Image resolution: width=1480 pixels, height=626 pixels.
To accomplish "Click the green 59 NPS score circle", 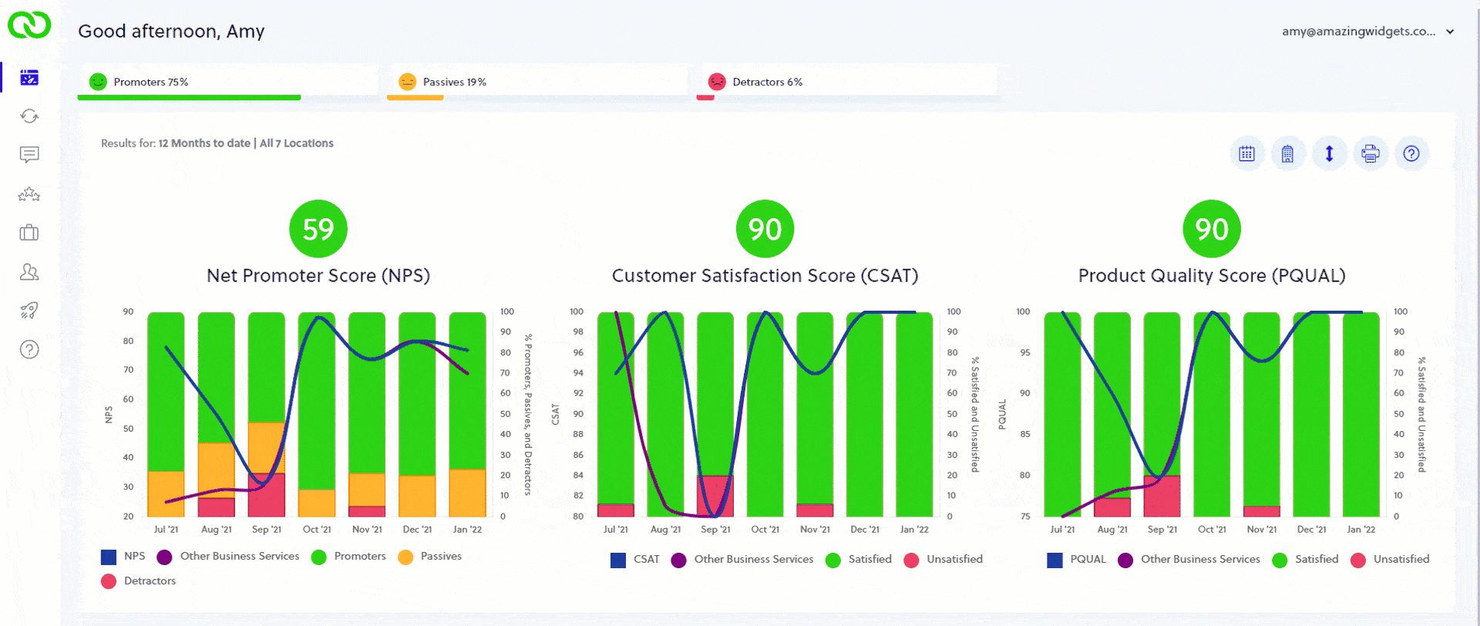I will (318, 229).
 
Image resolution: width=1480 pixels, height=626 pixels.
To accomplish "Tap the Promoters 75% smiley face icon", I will (98, 82).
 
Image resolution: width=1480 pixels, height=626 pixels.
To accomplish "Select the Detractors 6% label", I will (767, 82).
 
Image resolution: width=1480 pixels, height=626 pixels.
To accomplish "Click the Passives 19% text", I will (454, 82).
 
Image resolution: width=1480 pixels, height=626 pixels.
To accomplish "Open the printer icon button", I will (1370, 153).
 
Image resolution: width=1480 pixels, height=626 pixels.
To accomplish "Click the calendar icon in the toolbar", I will (1246, 153).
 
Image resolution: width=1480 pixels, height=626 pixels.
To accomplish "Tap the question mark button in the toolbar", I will (1411, 153).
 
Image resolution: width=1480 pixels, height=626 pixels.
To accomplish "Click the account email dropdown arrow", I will (1450, 32).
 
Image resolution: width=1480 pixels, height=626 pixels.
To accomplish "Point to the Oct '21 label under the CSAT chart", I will (765, 529).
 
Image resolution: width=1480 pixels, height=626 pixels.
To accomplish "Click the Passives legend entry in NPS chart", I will (440, 556).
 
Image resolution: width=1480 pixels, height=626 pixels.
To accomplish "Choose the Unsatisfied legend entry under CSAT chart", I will (954, 559).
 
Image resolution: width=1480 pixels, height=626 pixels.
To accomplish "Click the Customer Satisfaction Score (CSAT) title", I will (765, 275).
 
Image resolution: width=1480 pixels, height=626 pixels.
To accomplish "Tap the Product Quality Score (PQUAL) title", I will (1211, 275).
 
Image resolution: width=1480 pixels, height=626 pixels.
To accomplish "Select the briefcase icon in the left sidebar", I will (29, 233).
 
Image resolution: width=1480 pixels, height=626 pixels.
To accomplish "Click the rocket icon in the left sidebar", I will (29, 310).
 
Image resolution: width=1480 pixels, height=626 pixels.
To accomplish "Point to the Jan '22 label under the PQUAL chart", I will (1361, 529).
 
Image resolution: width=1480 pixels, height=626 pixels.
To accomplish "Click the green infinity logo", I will (29, 25).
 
